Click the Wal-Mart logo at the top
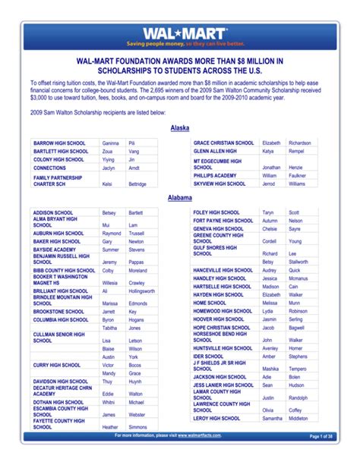tap(180, 34)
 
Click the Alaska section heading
tap(179, 128)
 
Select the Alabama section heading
tap(179, 197)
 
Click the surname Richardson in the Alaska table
tap(299, 143)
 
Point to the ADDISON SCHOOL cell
tap(53, 212)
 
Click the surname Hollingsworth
tap(141, 291)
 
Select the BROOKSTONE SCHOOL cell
tap(58, 311)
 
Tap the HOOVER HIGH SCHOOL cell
tap(219, 319)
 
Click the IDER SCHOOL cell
tap(208, 356)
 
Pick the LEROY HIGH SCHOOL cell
tap(217, 418)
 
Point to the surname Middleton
tap(298, 418)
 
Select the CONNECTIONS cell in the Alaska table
tap(49, 168)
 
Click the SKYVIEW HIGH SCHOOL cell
tap(219, 184)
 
